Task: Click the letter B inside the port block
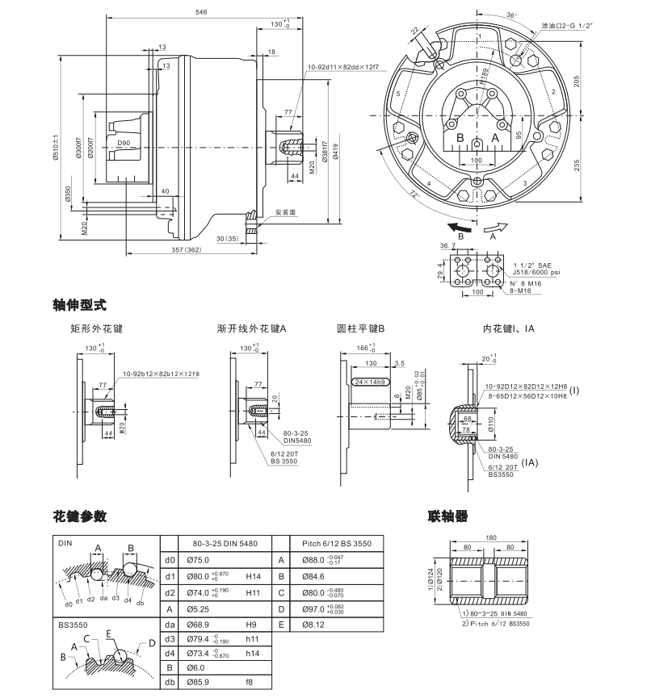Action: point(459,139)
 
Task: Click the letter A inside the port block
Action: point(495,139)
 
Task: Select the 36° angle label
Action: point(510,15)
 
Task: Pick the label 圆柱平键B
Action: point(361,328)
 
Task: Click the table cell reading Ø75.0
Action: point(198,559)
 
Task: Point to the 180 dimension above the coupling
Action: point(491,537)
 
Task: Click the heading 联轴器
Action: point(447,516)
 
